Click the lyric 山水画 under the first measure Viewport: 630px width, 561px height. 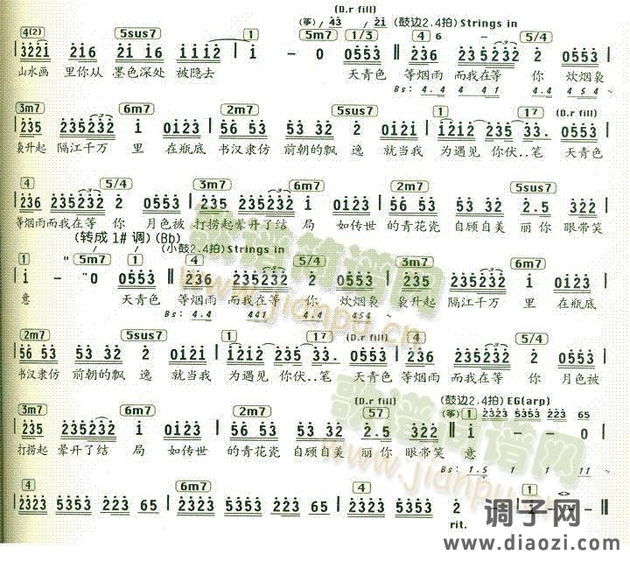point(32,75)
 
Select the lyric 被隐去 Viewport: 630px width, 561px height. point(197,75)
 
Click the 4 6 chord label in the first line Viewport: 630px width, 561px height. point(427,36)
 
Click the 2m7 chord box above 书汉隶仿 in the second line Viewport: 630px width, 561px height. point(237,109)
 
